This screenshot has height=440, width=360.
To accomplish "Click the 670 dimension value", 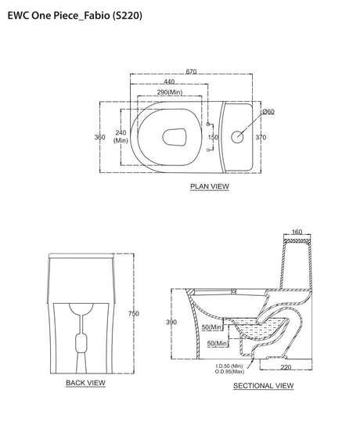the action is (x=191, y=71).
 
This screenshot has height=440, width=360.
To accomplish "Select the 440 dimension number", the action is (x=169, y=81).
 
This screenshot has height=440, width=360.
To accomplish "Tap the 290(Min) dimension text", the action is (x=170, y=92).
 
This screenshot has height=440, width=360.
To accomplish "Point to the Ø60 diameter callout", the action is (x=268, y=112).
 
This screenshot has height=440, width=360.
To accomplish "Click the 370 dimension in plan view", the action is (x=261, y=137).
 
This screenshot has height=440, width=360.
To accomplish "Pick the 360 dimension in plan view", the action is (x=100, y=137).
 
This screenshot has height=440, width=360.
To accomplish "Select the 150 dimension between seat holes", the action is (x=213, y=137).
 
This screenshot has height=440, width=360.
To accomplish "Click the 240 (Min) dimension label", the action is (x=121, y=136).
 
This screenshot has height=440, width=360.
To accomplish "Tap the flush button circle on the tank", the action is (x=237, y=137).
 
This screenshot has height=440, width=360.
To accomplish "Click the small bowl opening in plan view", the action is (x=175, y=137).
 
